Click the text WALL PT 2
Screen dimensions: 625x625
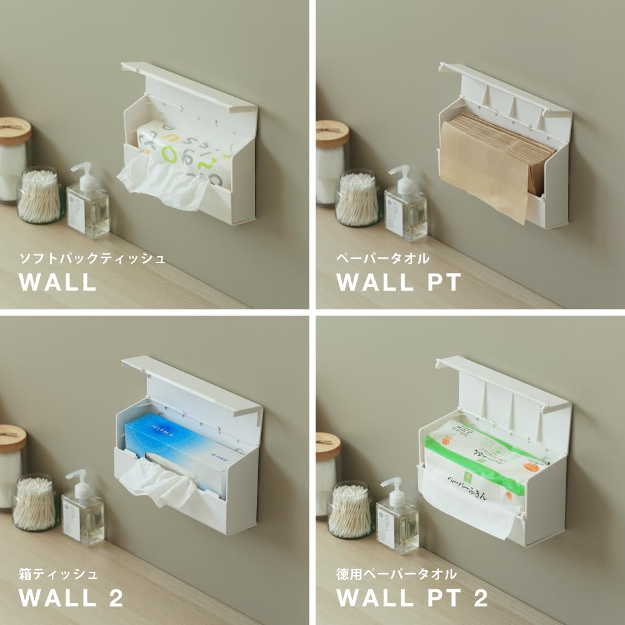412,598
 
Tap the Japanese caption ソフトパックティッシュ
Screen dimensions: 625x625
92,258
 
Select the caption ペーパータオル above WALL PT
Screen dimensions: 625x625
382,258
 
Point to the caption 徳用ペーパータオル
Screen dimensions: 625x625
397,573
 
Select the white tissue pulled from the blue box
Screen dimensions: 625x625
156,484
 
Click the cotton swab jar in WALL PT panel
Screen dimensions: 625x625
357,199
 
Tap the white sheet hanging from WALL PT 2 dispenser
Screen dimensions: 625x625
469,506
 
